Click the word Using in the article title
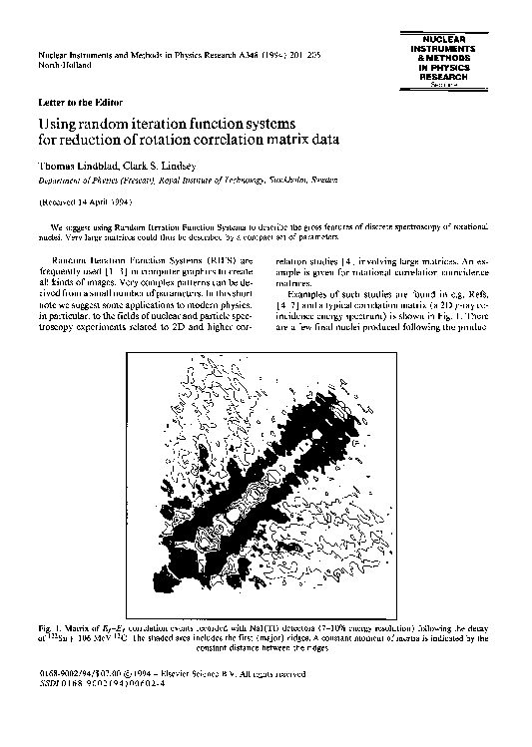[57, 123]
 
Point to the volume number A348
[246, 53]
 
